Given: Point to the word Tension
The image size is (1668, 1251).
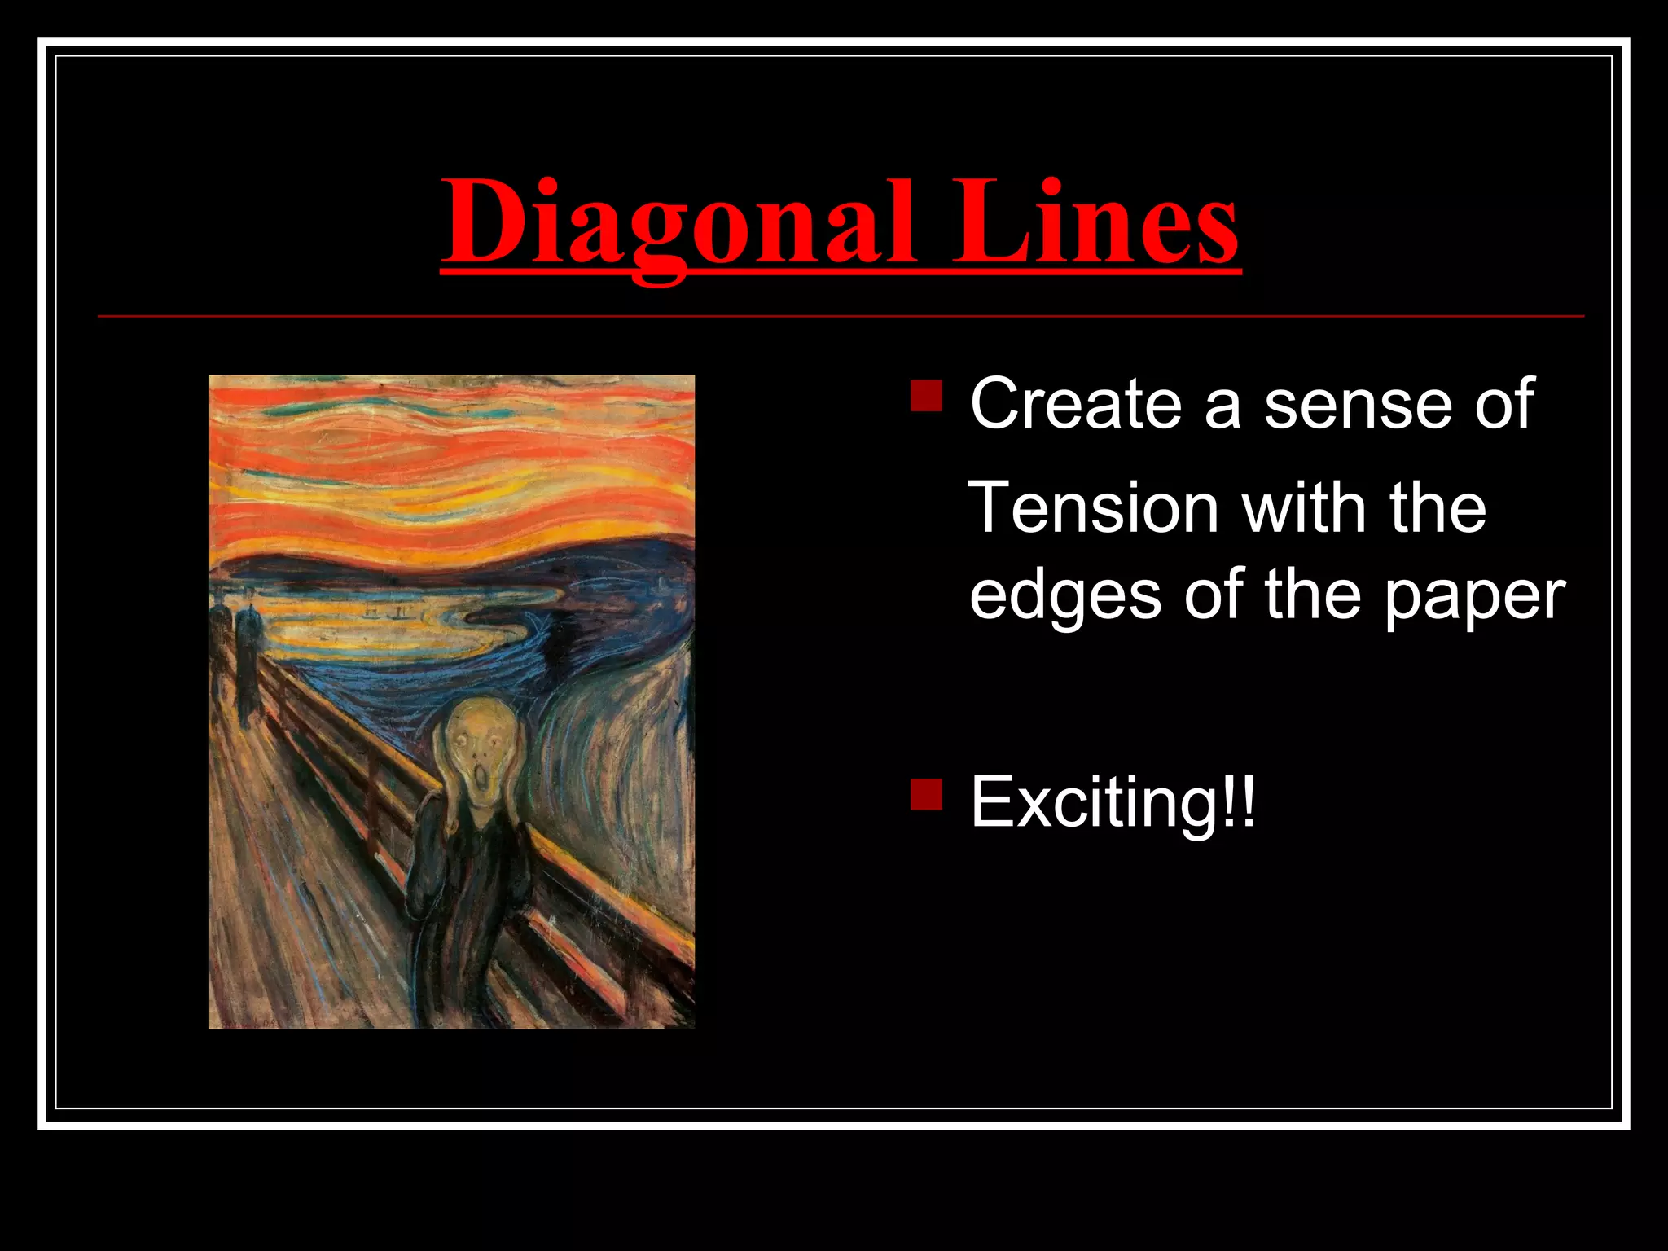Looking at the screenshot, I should [x=1092, y=507].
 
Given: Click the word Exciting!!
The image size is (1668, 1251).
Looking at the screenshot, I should [x=1113, y=802].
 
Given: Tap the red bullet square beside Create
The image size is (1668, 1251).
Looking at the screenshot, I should [x=927, y=396].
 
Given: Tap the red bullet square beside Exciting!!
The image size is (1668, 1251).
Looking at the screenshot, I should [x=927, y=795].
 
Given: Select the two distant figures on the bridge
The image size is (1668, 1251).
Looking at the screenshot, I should [x=236, y=652].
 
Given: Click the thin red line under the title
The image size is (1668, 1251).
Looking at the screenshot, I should [x=839, y=316].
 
